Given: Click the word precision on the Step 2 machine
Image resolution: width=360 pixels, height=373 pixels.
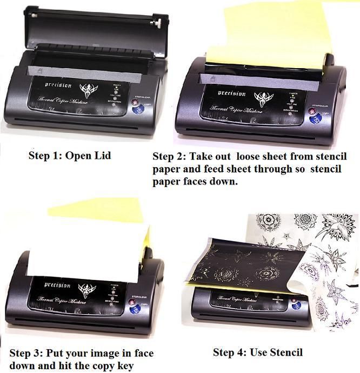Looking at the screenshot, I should (x=232, y=93).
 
